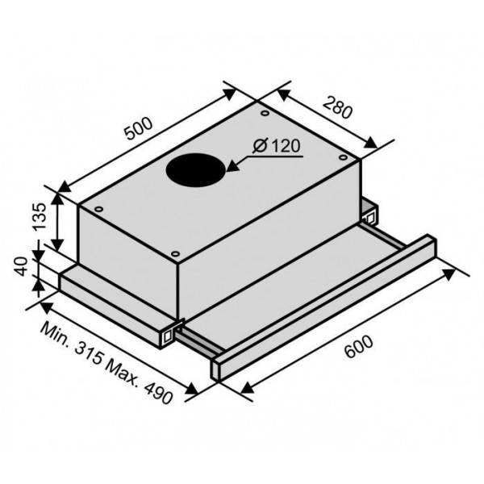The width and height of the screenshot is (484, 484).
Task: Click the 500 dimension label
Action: tap(138, 128)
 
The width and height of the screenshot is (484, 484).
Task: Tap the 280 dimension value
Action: tap(337, 107)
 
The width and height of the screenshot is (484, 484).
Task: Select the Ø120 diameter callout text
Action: tap(276, 146)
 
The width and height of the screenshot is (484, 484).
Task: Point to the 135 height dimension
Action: tap(40, 217)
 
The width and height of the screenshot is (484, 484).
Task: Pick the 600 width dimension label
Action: tap(358, 347)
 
